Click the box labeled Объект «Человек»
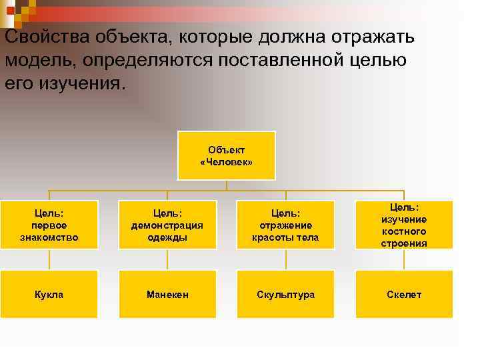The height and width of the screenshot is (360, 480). (x=226, y=155)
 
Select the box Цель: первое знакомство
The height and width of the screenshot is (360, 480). (x=49, y=225)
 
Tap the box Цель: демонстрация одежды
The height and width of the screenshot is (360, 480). (x=167, y=225)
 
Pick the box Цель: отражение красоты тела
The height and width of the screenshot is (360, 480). (x=285, y=225)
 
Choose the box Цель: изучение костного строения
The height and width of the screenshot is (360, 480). (x=404, y=225)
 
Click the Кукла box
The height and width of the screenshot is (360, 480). (x=49, y=294)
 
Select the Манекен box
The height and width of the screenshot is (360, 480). (x=167, y=294)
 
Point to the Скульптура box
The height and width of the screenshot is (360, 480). (x=285, y=294)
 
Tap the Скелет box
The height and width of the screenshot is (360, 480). (x=404, y=294)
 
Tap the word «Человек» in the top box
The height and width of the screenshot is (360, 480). (x=226, y=162)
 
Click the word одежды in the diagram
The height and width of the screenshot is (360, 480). (x=167, y=237)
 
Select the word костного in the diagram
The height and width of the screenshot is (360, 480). (x=404, y=231)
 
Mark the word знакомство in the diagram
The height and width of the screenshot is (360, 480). (x=49, y=237)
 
